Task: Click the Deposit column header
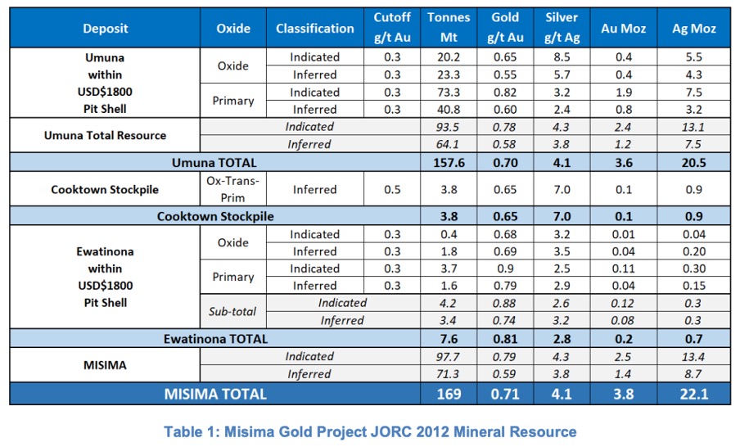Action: (x=106, y=29)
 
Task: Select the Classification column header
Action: (x=315, y=29)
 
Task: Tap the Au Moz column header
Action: (x=624, y=29)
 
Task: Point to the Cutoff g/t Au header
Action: (x=392, y=27)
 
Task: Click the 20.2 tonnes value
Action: (x=449, y=57)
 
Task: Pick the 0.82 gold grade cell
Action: (x=505, y=92)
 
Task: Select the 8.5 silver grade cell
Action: (x=562, y=57)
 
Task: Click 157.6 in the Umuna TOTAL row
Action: (x=449, y=163)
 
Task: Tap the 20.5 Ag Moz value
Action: (x=694, y=163)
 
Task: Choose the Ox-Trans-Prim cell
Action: (x=233, y=189)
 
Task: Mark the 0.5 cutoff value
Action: (x=392, y=189)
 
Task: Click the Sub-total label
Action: (x=232, y=312)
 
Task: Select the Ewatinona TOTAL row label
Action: (x=215, y=339)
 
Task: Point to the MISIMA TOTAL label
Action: (x=215, y=394)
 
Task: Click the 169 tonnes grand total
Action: (x=449, y=394)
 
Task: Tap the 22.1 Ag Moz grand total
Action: (x=694, y=394)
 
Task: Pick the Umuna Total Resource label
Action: (x=105, y=135)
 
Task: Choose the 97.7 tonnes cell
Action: (x=448, y=357)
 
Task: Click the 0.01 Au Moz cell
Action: (x=624, y=234)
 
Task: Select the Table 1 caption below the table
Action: (x=370, y=431)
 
